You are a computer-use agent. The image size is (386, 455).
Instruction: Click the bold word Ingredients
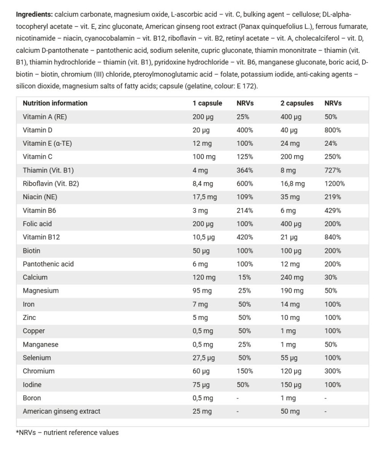point(34,15)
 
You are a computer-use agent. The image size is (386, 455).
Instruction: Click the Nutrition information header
point(55,103)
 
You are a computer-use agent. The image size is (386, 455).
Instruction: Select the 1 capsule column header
point(207,103)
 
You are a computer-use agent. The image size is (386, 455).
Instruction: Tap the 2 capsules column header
point(297,103)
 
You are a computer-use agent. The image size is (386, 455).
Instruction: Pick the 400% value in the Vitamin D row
point(245,130)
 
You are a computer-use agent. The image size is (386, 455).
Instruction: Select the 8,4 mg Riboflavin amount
point(204,184)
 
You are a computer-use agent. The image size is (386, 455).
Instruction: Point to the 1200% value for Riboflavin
point(334,184)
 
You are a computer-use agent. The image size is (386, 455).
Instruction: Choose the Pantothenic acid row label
point(48,264)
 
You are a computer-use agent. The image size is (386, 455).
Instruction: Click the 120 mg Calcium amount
point(204,277)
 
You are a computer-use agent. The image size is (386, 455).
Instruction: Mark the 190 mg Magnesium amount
point(292,291)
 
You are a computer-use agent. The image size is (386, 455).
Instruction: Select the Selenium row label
point(37,358)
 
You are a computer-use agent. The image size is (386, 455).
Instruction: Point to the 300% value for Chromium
point(333,371)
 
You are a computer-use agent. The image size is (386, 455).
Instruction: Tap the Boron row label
point(32,398)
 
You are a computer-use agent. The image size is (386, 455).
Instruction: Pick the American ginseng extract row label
point(61,411)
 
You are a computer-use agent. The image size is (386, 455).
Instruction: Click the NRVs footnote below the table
point(67,432)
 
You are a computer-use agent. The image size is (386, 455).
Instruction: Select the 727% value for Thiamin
point(333,170)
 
